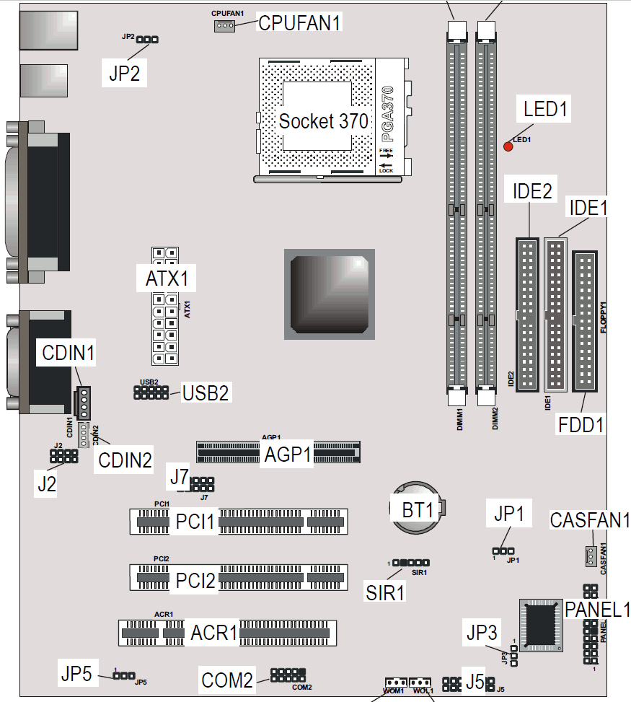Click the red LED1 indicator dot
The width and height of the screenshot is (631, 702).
click(x=508, y=146)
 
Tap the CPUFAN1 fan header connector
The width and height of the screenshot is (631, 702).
click(x=224, y=26)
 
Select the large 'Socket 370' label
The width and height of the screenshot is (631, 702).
click(x=324, y=121)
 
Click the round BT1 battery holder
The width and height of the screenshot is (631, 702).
click(x=417, y=508)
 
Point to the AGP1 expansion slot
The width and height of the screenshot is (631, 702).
click(x=278, y=452)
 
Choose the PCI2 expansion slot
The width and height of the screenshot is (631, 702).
click(x=239, y=577)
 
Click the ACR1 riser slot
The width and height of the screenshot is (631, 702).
click(x=227, y=633)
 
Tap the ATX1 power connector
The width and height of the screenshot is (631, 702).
click(x=165, y=306)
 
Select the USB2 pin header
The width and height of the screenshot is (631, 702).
click(x=151, y=392)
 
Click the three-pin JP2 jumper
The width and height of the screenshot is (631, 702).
click(x=147, y=40)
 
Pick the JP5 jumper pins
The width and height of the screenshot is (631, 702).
click(x=124, y=675)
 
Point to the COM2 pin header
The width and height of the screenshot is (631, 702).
click(x=288, y=675)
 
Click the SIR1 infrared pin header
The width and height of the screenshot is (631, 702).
click(x=411, y=563)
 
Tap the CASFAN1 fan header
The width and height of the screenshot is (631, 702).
click(x=591, y=556)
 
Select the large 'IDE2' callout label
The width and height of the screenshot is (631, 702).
click(x=532, y=192)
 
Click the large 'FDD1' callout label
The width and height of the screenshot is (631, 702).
click(x=581, y=424)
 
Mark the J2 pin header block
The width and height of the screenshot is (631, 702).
click(x=63, y=456)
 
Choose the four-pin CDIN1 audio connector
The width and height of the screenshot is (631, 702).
click(x=83, y=403)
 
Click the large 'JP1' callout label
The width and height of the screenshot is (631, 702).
click(x=509, y=513)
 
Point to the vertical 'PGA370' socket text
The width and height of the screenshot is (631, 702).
click(x=387, y=114)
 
